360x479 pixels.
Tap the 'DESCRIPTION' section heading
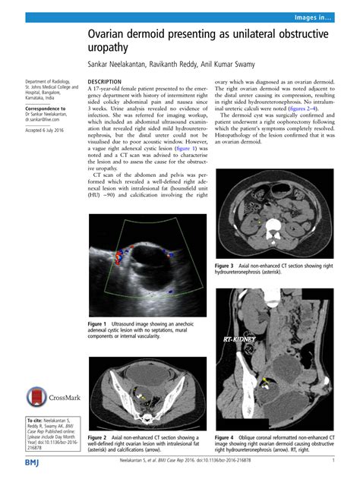point(106,80)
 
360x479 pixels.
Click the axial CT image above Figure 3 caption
point(274,215)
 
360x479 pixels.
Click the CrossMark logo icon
point(37,395)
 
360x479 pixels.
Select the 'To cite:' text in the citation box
point(37,419)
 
